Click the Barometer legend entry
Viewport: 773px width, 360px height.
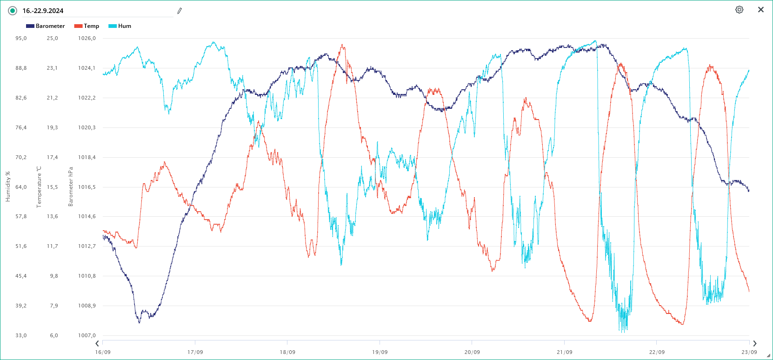46,26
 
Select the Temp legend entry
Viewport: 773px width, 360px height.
87,26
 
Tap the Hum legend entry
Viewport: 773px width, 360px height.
120,26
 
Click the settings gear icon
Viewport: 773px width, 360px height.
739,10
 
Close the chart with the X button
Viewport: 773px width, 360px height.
761,10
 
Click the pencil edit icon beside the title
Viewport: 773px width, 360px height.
180,11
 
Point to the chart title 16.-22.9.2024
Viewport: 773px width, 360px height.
43,11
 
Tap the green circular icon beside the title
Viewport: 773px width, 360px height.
13,11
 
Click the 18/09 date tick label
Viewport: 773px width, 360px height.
287,352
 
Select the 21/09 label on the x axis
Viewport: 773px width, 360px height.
565,352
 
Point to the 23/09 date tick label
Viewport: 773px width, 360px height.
749,352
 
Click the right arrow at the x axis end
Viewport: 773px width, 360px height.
754,344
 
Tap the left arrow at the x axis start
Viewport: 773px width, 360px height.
97,344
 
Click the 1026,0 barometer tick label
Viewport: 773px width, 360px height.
87,38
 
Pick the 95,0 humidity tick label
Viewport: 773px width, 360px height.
21,38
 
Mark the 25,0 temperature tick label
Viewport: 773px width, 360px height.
52,38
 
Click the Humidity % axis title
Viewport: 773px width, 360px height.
7,187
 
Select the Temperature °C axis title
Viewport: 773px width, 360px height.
39,187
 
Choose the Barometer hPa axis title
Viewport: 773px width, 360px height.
71,187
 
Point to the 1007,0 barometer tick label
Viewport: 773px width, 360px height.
87,335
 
